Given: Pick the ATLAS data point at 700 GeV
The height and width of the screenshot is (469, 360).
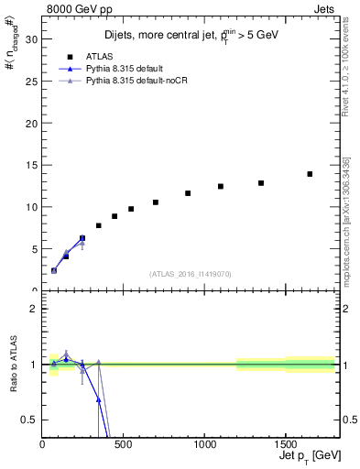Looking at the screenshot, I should pyautogui.click(x=156, y=202).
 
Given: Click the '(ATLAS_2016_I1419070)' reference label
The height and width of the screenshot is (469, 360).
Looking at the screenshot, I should pyautogui.click(x=191, y=274).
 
